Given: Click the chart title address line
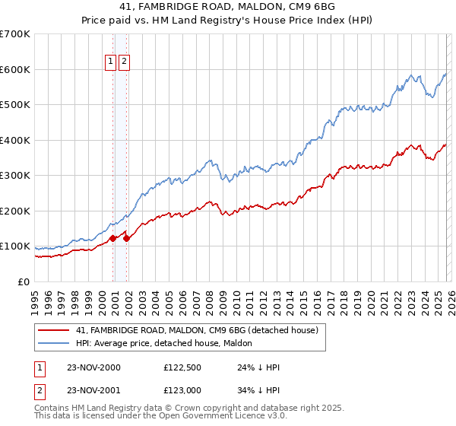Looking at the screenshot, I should tap(227, 5).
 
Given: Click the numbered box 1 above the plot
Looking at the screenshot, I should tap(110, 62).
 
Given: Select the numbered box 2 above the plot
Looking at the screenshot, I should tap(124, 62).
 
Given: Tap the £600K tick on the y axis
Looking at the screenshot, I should tap(15, 69).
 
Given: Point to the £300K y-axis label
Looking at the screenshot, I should tap(15, 176).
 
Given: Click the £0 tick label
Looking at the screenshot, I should tap(24, 282).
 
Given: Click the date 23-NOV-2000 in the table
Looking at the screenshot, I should tap(93, 367).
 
